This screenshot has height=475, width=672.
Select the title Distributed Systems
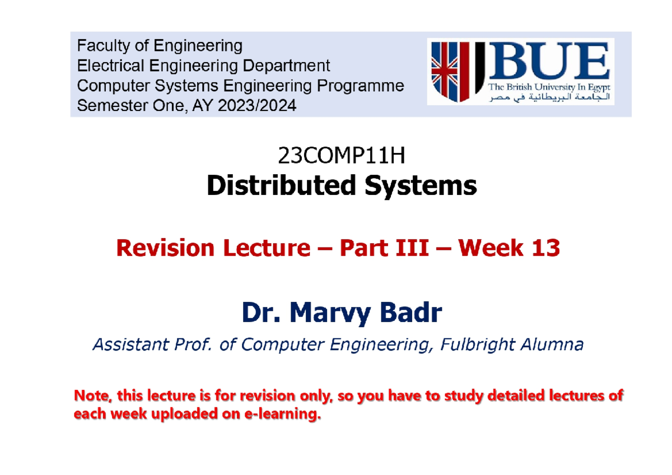(341, 185)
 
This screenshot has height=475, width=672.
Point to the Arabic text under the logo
(548, 98)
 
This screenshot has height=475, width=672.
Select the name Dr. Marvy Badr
(341, 314)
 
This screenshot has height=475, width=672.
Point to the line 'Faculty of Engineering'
(160, 45)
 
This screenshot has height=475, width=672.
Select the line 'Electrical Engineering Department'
(203, 66)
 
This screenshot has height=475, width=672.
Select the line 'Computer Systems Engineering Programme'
(240, 86)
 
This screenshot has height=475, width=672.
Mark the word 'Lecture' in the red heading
(265, 248)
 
